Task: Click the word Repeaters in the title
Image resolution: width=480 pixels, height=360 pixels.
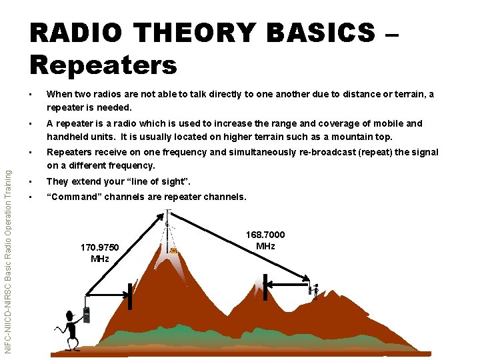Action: tap(103, 65)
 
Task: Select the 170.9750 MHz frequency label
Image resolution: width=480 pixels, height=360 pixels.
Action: tap(99, 253)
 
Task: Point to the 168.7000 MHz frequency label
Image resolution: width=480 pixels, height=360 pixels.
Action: tap(265, 241)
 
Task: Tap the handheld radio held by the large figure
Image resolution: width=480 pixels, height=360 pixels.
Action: tap(86, 315)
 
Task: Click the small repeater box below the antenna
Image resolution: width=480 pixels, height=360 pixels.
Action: tap(173, 251)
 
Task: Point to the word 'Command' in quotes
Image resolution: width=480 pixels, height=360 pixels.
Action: tap(73, 197)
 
